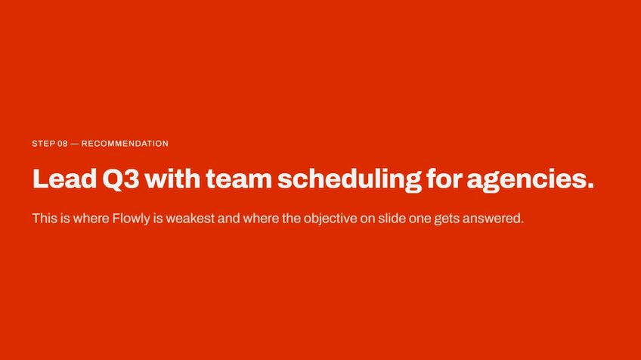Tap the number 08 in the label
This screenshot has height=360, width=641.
click(x=63, y=144)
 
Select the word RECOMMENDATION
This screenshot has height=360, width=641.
click(x=125, y=144)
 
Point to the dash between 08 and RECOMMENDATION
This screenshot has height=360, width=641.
click(x=74, y=144)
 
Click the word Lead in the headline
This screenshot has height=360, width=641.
click(x=64, y=178)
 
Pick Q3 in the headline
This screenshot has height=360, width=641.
click(x=121, y=178)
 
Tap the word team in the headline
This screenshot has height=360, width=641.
click(x=239, y=178)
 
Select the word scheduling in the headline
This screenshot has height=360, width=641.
click(x=349, y=180)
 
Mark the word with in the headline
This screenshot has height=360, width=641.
click(x=172, y=178)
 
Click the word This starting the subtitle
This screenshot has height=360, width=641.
click(x=45, y=218)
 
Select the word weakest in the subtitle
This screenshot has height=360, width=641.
click(x=190, y=218)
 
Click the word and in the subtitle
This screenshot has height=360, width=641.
click(x=228, y=218)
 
